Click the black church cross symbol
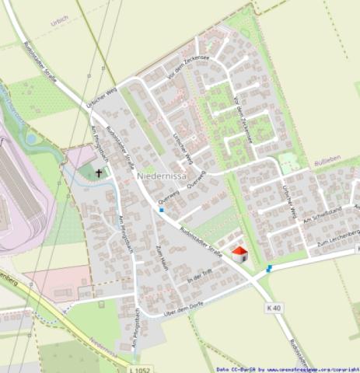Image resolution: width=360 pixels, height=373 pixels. click(x=100, y=173)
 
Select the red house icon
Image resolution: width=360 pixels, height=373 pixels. click(x=239, y=253)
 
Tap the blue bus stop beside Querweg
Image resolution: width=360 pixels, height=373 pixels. click(x=162, y=210)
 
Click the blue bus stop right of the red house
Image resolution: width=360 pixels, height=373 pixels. click(x=269, y=268)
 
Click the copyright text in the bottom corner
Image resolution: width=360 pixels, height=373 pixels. click(x=288, y=369)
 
